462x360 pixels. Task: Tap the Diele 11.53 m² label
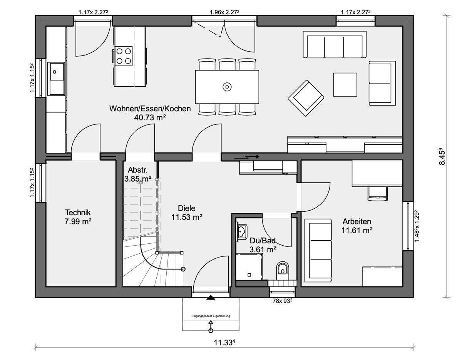[x=187, y=213]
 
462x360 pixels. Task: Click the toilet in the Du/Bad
[x=283, y=270]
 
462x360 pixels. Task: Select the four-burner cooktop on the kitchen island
[x=124, y=56]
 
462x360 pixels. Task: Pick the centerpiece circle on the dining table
[x=227, y=87]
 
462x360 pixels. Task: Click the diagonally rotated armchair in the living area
[x=306, y=98]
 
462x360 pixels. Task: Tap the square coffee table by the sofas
[x=345, y=84]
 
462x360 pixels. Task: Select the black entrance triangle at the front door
[x=211, y=298]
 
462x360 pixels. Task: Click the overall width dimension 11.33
[x=225, y=343]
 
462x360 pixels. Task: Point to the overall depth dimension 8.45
[x=442, y=157]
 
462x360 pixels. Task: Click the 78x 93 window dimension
[x=282, y=301]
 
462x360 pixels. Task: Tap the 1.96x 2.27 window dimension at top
[x=224, y=12]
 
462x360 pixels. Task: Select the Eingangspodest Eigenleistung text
[x=211, y=316]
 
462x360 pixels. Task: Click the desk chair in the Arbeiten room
[x=377, y=194]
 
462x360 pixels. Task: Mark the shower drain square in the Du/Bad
[x=249, y=275]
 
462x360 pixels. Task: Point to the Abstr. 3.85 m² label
[x=138, y=174]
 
